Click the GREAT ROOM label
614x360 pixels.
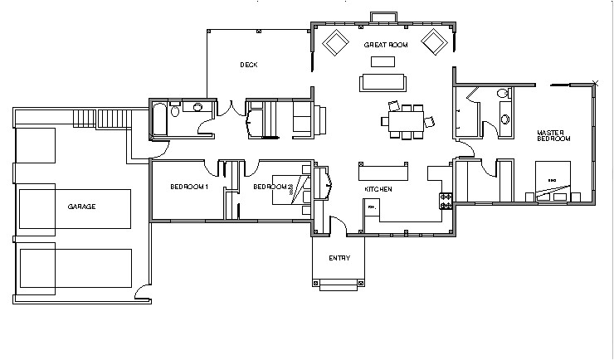point(383,45)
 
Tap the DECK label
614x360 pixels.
point(248,64)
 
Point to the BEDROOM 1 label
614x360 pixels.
point(188,187)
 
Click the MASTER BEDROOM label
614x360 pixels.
point(553,136)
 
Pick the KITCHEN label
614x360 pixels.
point(378,190)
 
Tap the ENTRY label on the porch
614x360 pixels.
point(339,258)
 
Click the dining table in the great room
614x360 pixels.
point(402,121)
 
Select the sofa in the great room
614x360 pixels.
point(383,82)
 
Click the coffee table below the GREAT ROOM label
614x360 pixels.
point(383,61)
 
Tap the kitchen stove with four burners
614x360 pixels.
point(446,199)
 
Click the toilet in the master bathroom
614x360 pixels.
point(504,119)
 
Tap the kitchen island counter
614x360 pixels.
point(384,174)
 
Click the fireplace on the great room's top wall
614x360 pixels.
point(383,18)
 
